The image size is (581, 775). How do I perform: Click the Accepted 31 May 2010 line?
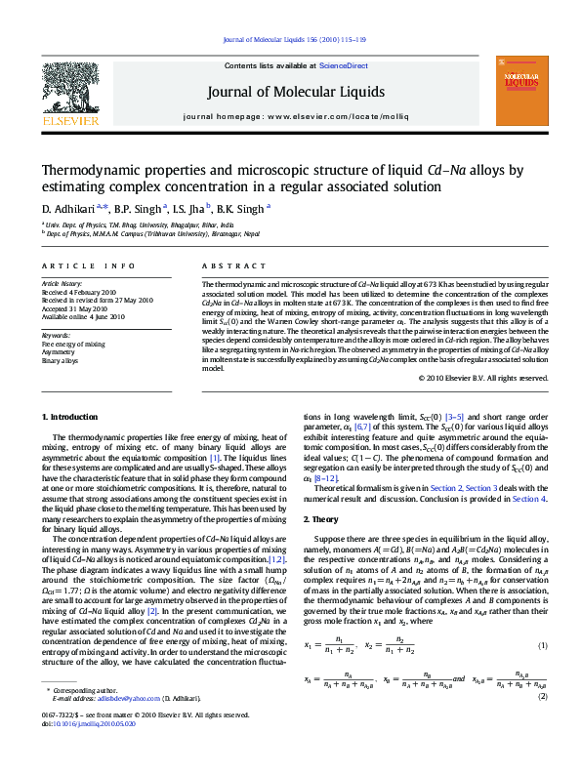[77, 308]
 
